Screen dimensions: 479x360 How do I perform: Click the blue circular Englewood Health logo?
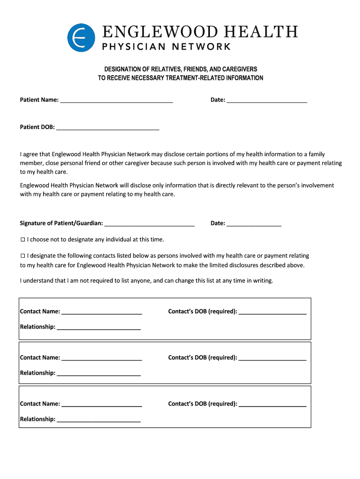coord(81,37)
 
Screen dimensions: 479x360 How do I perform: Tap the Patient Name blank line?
coord(116,99)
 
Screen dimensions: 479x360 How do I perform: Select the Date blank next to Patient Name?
coord(266,99)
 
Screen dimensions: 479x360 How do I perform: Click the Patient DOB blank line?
coord(108,127)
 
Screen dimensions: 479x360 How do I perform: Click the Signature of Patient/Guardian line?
coord(149,223)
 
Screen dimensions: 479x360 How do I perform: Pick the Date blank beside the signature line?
coord(254,223)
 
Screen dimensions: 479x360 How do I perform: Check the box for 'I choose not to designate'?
coord(22,239)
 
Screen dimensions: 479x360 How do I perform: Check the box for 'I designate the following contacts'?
coord(22,256)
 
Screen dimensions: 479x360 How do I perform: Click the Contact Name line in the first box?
coord(101,312)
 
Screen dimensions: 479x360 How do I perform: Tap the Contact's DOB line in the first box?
coord(272,312)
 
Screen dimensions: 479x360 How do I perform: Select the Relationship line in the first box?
coord(98,327)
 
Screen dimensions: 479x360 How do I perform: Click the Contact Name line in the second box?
coord(101,358)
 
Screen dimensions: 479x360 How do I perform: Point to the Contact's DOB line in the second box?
coord(272,358)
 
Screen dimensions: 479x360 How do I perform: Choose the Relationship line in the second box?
coord(98,373)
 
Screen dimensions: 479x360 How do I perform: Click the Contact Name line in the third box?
coord(101,404)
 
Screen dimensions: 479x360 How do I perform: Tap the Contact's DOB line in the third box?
coord(272,404)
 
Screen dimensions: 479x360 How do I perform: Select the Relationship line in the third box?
coord(98,419)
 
